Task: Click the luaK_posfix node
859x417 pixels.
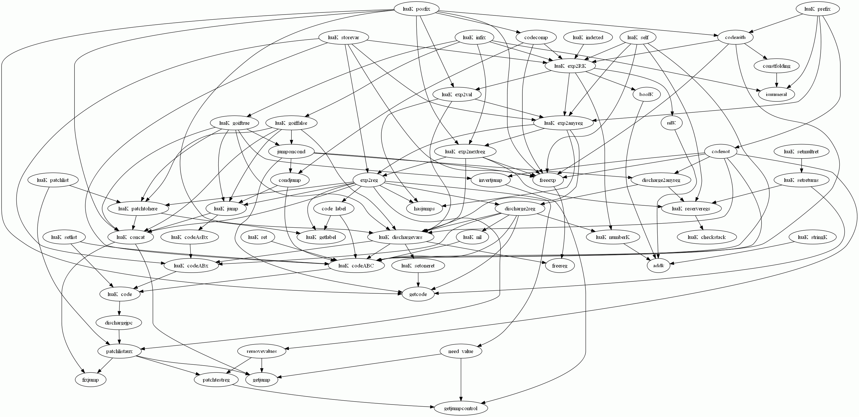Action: pyautogui.click(x=416, y=9)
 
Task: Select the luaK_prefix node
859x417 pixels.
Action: pyautogui.click(x=817, y=9)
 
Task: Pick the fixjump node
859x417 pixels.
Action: pyautogui.click(x=91, y=380)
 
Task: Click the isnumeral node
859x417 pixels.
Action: pyautogui.click(x=777, y=95)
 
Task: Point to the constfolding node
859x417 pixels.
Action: pyautogui.click(x=777, y=66)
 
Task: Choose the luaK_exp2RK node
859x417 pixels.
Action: pyautogui.click(x=570, y=66)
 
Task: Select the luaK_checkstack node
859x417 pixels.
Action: pyautogui.click(x=707, y=237)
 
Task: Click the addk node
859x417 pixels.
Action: pyautogui.click(x=658, y=266)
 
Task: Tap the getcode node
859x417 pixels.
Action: pyautogui.click(x=418, y=294)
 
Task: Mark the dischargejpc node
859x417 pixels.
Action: pyautogui.click(x=119, y=323)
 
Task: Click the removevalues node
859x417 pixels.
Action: pyautogui.click(x=262, y=351)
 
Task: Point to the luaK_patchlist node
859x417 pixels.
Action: pyautogui.click(x=53, y=180)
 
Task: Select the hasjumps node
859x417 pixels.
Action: pyautogui.click(x=424, y=209)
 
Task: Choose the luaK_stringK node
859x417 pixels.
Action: pyautogui.click(x=812, y=237)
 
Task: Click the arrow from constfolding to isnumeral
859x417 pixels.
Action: pyautogui.click(x=777, y=80)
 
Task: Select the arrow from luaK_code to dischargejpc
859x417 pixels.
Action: pyautogui.click(x=119, y=309)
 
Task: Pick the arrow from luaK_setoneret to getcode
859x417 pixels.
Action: pyautogui.click(x=418, y=280)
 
